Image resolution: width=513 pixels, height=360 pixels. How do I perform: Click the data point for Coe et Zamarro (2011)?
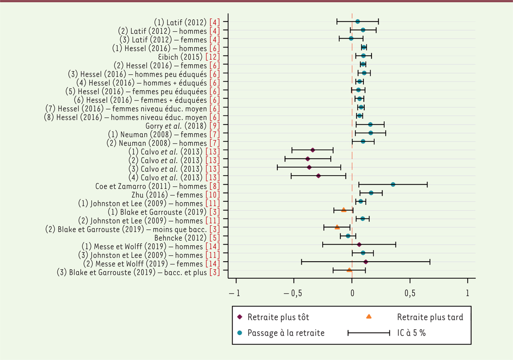pos(393,184)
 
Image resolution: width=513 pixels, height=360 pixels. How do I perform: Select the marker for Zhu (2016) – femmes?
pos(371,193)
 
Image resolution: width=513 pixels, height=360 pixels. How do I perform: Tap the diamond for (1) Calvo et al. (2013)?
pos(313,150)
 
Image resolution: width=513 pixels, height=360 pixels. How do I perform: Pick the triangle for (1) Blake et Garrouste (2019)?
pos(344,210)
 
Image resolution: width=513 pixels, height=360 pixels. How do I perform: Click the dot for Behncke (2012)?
pos(348,236)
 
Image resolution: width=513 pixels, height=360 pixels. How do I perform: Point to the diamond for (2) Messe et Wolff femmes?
pos(366,261)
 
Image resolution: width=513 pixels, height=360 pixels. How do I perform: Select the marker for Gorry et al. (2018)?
pos(370,124)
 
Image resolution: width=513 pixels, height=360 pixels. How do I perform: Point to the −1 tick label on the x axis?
pos(233,294)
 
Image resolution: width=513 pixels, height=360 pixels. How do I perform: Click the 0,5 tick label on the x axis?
pos(410,294)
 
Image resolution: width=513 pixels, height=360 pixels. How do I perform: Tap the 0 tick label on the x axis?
pos(352,294)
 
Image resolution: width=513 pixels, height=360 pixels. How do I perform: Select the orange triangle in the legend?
pos(369,317)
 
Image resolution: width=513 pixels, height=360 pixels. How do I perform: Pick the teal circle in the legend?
pos(240,333)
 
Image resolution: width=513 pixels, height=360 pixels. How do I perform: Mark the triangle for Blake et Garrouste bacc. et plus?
pos(349,270)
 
